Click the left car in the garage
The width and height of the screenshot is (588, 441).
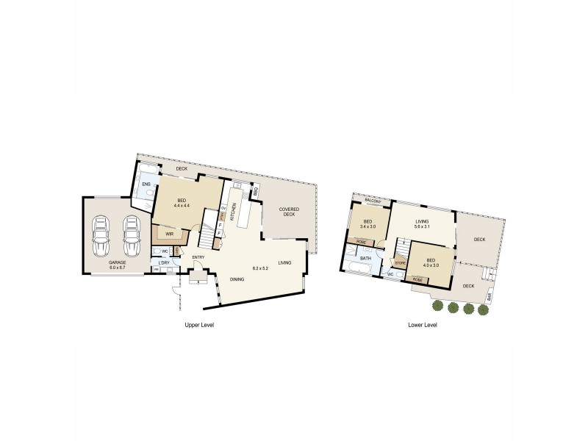pos(101,232)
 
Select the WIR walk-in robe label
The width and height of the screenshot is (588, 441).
pos(169,234)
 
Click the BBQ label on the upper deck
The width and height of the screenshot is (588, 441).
pos(255,192)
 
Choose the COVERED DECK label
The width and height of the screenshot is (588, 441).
pos(287,212)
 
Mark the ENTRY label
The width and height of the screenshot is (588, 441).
pos(198,257)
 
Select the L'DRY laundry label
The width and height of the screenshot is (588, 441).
pos(164,262)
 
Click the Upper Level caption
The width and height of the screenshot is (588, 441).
pos(198,324)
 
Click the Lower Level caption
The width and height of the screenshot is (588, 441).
pos(423,324)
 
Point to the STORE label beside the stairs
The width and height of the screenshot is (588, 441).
pos(401,262)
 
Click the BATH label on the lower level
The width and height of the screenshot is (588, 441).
pos(365,259)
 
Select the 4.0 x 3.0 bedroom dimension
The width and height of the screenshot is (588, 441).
pos(430,265)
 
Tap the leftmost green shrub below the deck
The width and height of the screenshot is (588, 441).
pos(437,306)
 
